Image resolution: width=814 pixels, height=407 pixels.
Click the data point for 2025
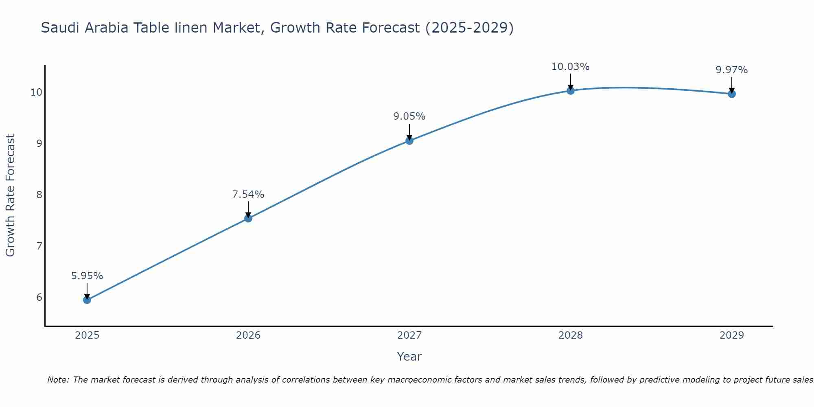coord(87,300)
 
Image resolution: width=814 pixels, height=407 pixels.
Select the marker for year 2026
coord(248,219)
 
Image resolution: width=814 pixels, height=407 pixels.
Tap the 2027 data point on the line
coord(409,141)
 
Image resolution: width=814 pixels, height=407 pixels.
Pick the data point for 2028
coord(571,91)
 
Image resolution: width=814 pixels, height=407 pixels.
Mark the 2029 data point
coord(732,94)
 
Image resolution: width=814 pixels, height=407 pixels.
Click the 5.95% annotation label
coord(87,276)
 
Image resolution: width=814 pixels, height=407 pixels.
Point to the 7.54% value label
coord(248,195)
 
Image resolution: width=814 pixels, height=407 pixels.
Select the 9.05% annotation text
coord(409,116)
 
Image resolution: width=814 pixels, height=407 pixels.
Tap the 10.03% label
coord(570,67)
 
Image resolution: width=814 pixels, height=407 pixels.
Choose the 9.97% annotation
coord(731,70)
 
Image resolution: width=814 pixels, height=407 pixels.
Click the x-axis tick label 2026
coord(248,335)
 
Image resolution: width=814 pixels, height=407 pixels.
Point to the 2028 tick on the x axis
coord(571,335)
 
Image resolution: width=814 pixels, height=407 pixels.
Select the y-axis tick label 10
coord(36,92)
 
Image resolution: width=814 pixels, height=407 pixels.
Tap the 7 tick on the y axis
coord(39,246)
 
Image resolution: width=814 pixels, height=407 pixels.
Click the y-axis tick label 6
coord(39,297)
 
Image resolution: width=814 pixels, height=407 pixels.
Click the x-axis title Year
coord(409,357)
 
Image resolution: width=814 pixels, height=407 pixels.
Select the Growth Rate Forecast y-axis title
coord(11,195)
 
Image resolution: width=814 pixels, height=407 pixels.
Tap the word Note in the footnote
coord(59,380)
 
